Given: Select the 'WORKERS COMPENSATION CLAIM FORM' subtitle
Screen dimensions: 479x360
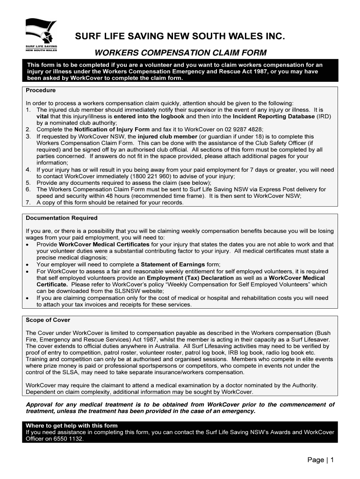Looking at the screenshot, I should pyautogui.click(x=180, y=52).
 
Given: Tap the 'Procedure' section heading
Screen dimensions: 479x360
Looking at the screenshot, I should pyautogui.click(x=41, y=90).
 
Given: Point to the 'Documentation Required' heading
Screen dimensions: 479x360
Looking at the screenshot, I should pyautogui.click(x=62, y=218).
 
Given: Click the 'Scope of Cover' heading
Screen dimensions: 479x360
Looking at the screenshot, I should pyautogui.click(x=48, y=320).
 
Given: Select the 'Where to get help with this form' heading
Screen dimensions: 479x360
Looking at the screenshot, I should pyautogui.click(x=72, y=426).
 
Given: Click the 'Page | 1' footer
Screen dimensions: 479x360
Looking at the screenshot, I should pyautogui.click(x=320, y=460).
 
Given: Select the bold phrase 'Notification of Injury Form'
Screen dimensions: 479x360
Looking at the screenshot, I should pyautogui.click(x=112, y=129).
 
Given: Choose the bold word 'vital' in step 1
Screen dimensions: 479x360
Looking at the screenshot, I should pyautogui.click(x=43, y=116).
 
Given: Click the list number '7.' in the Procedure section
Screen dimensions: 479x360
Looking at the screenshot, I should pyautogui.click(x=28, y=203).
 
